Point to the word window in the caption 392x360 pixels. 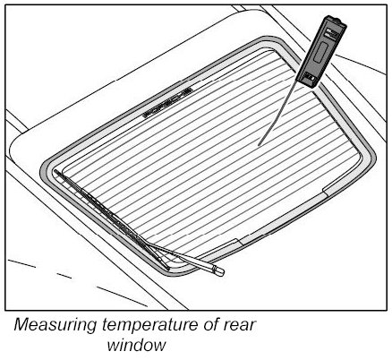coord(136,346)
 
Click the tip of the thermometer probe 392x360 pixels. coord(259,145)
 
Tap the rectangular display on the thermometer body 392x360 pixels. coord(319,53)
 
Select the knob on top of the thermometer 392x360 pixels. coord(337,21)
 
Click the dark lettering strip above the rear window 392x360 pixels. coord(167,102)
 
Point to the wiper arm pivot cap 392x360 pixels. coord(218,270)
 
